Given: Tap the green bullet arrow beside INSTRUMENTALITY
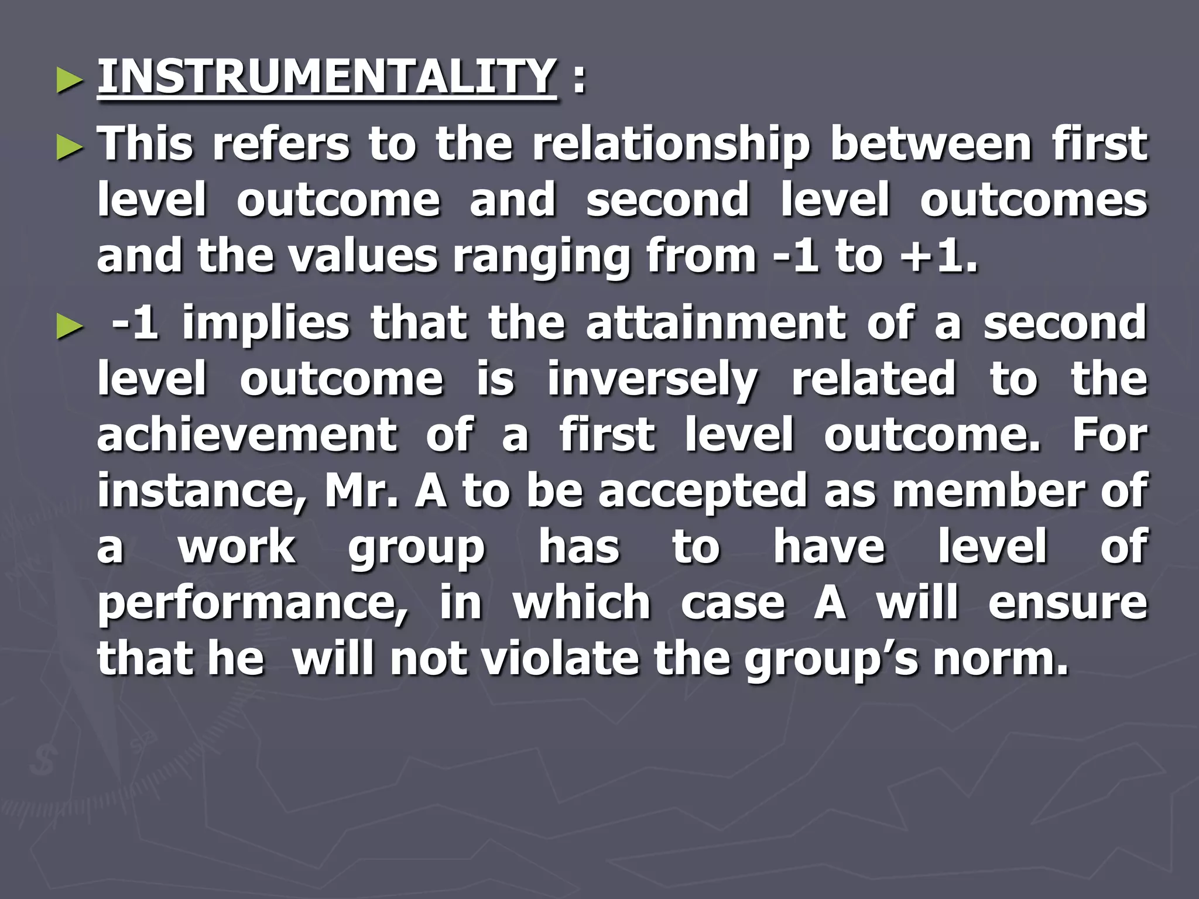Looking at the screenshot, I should click(70, 81).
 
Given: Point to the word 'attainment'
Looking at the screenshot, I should click(715, 323).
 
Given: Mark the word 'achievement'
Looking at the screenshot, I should click(246, 435).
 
